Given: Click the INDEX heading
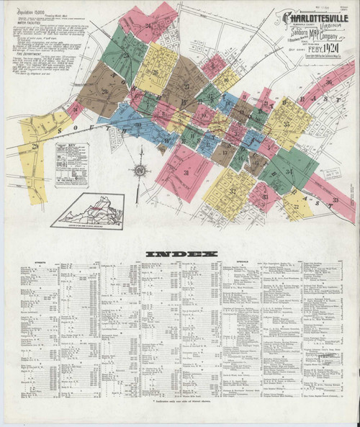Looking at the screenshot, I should (180, 254).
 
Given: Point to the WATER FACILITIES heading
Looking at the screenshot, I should (26, 30).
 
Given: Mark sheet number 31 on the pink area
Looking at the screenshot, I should (186, 173).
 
